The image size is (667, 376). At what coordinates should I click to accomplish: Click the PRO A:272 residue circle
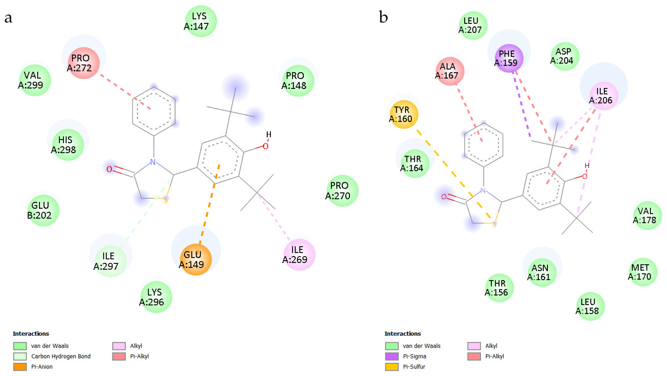83,63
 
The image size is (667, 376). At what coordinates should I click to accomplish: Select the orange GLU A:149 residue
196,260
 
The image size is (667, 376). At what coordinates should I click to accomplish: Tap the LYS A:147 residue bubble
201,21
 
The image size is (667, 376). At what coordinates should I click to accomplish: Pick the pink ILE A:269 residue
299,255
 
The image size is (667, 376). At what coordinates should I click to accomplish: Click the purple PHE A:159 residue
508,58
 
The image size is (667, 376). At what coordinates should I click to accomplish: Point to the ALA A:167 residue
450,71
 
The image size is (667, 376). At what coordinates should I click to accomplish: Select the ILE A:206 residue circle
603,96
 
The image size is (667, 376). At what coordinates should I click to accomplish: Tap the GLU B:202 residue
43,210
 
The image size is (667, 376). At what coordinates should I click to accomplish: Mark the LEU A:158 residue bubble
590,306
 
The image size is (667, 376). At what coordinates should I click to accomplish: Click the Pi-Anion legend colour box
20,367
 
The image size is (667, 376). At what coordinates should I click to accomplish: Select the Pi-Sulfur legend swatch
391,367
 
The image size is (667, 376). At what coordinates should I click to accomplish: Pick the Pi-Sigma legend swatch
391,356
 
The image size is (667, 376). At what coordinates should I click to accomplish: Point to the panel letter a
8,18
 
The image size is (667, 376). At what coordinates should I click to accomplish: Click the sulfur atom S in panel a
165,200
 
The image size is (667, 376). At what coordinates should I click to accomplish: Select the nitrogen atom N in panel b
483,191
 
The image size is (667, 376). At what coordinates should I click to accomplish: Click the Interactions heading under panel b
402,333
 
